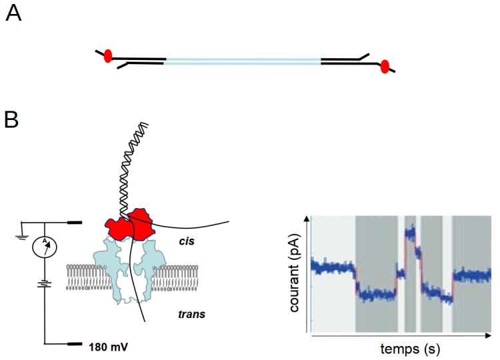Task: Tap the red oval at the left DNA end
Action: coord(108,56)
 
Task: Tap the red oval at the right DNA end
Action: coord(384,66)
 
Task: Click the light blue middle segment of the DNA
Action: coord(243,61)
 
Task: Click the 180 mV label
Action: coord(110,347)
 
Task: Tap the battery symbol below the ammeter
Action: coord(45,284)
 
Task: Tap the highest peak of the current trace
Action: coord(409,231)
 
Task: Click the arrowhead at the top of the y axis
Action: coord(307,218)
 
